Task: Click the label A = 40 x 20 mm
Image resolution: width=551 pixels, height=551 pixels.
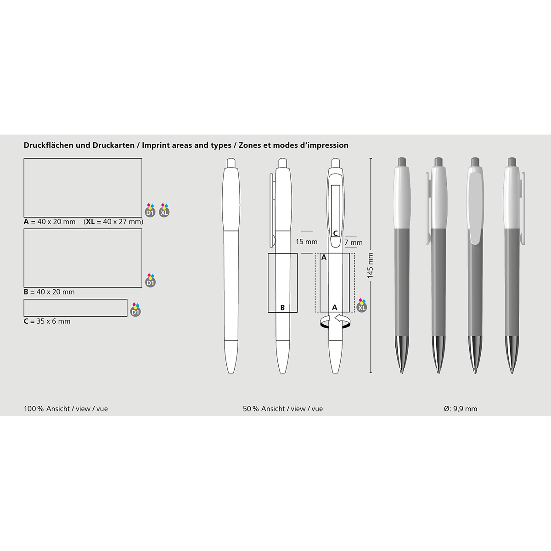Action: click(50, 222)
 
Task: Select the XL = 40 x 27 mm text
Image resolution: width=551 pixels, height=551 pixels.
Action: click(113, 222)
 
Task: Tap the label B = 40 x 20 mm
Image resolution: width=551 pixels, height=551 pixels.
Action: click(49, 292)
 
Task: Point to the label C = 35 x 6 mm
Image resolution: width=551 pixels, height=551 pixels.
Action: click(47, 321)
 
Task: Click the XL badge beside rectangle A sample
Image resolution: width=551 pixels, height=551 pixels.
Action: click(164, 210)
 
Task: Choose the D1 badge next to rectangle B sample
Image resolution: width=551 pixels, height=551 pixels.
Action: click(151, 281)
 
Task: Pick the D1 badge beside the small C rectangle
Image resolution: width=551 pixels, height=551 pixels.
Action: click(135, 309)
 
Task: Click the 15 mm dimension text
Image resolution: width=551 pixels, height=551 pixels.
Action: click(307, 242)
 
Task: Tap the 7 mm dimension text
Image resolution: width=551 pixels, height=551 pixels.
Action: click(354, 242)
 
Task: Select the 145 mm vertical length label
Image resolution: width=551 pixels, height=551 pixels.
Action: click(370, 265)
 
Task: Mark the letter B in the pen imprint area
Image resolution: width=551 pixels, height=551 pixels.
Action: click(282, 308)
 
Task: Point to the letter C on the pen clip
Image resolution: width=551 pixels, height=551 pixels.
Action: click(335, 233)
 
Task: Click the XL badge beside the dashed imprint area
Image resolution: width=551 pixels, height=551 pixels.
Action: click(362, 305)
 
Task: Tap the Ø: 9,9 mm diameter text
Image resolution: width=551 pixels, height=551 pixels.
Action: click(461, 409)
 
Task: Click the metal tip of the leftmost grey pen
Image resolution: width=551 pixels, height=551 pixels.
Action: click(402, 355)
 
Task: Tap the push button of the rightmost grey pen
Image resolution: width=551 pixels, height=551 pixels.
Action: click(512, 162)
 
